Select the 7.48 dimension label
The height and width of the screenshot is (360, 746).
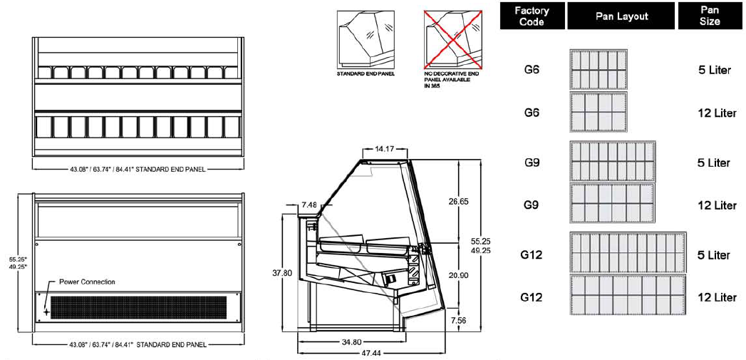tap(310, 205)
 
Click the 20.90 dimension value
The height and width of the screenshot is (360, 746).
tap(458, 274)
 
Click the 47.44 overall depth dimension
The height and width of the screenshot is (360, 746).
tap(371, 353)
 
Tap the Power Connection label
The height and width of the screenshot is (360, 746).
tap(87, 282)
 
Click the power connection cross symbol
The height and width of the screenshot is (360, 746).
tap(46, 312)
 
